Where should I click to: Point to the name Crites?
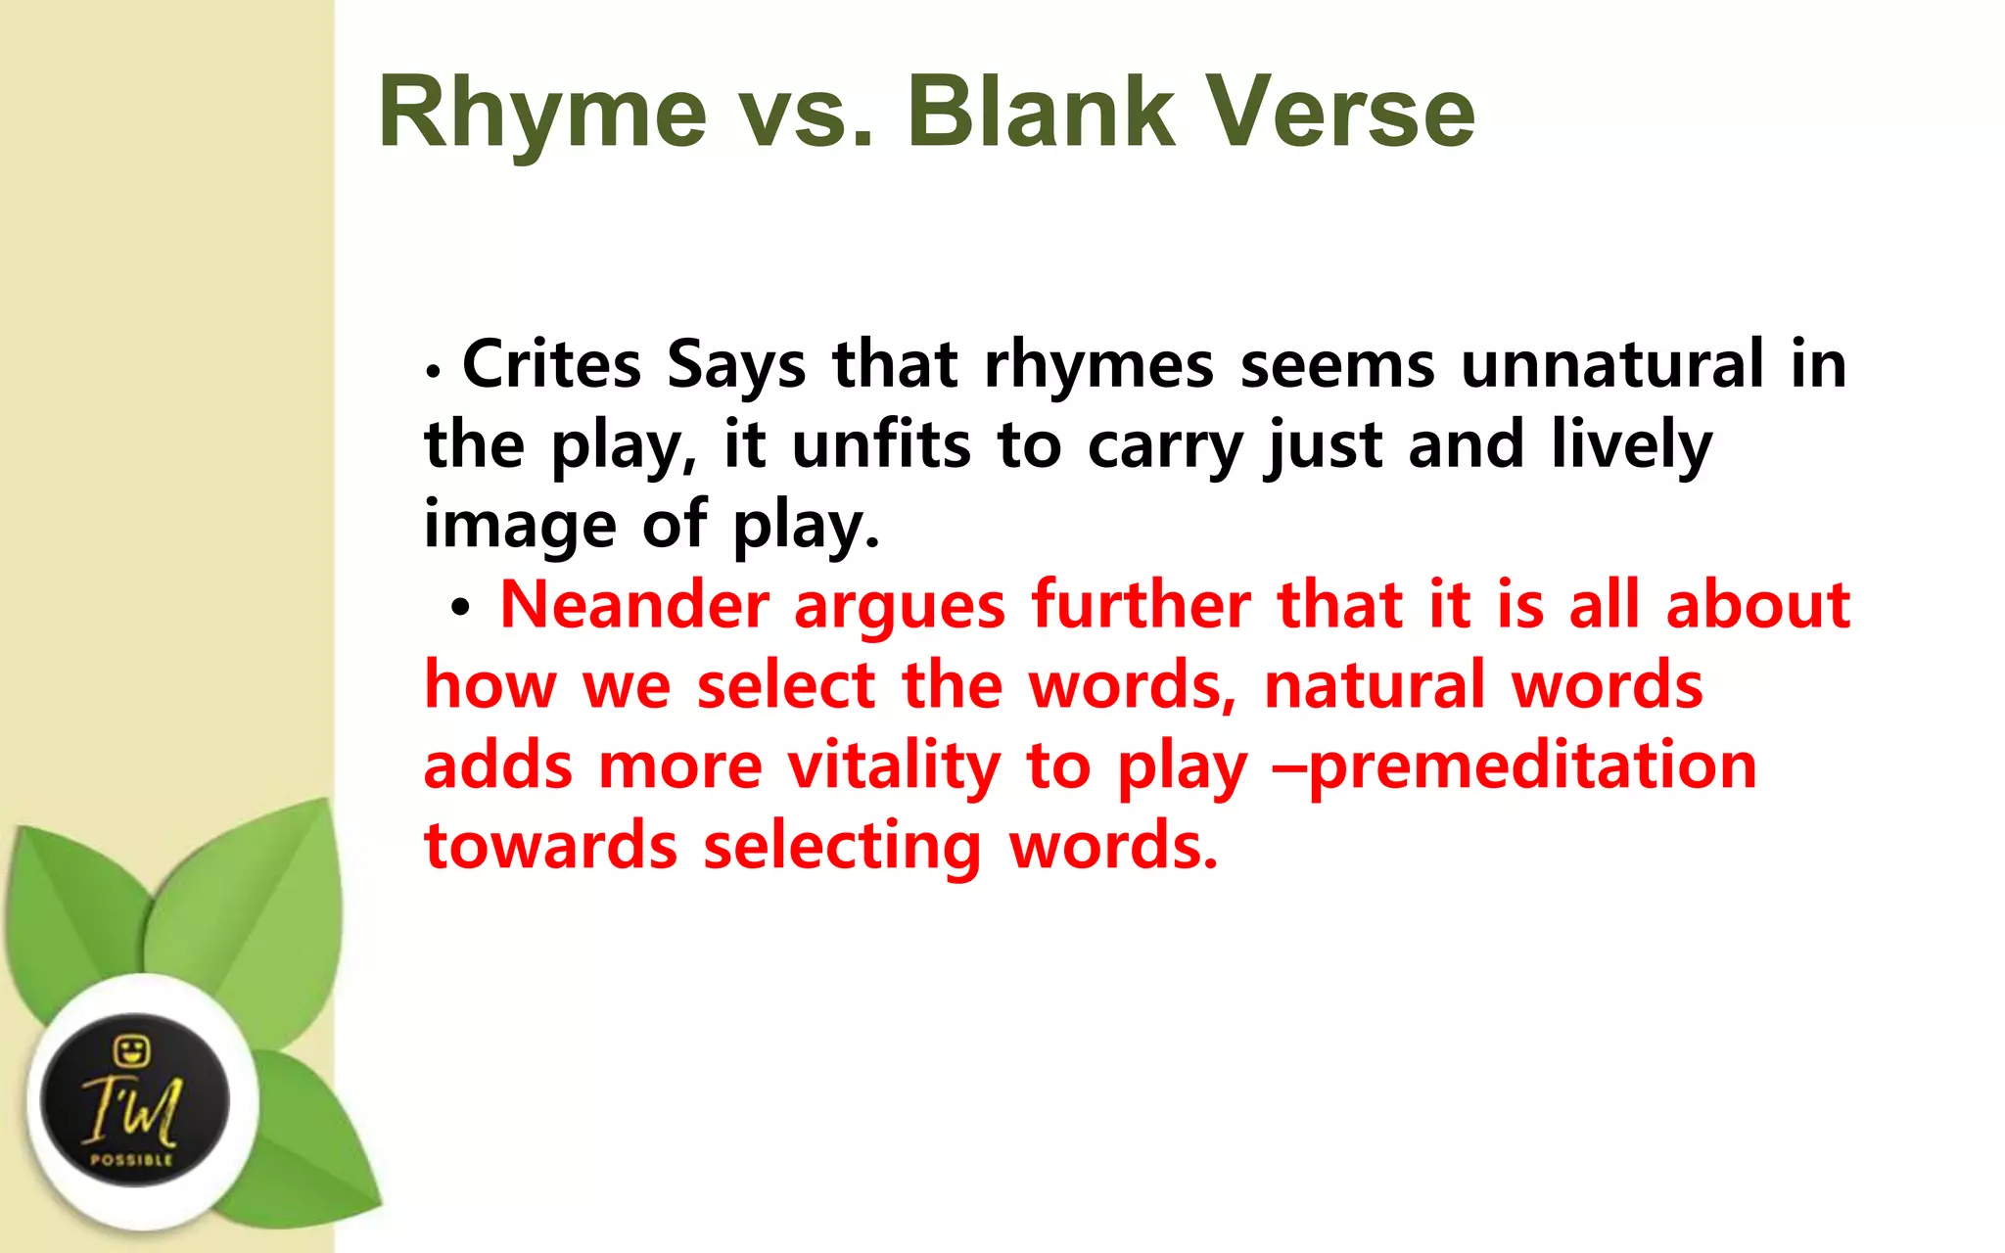551,364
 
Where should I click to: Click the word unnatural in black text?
1612,364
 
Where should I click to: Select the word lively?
1632,445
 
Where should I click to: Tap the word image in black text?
519,526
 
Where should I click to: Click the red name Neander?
634,605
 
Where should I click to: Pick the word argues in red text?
899,607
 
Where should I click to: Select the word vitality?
894,766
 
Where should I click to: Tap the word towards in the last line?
550,846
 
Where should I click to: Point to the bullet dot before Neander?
460,609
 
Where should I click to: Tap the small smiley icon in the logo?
131,1051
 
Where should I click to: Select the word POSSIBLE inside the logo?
131,1160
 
